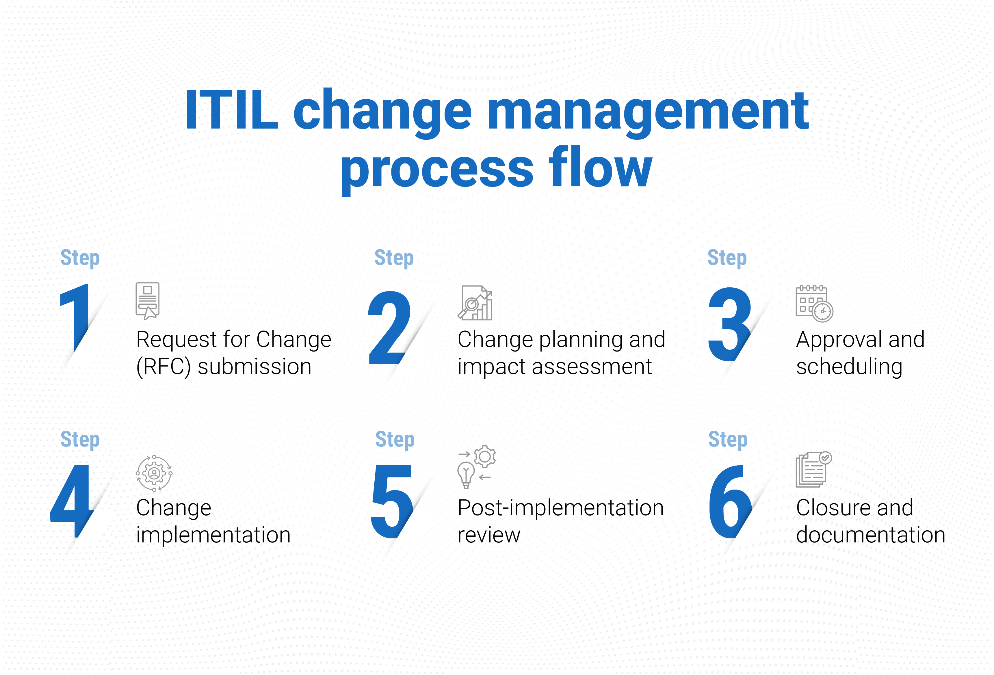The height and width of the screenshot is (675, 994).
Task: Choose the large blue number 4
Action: tap(72, 501)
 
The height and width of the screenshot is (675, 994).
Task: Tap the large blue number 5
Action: tap(392, 501)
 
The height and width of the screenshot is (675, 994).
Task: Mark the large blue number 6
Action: tap(730, 501)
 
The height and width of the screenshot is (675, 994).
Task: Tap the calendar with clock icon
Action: tap(814, 303)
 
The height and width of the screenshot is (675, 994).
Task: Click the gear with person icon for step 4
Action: tap(154, 473)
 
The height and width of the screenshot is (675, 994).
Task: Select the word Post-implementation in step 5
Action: tap(560, 508)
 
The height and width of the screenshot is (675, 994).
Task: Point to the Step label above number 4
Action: tap(80, 440)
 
